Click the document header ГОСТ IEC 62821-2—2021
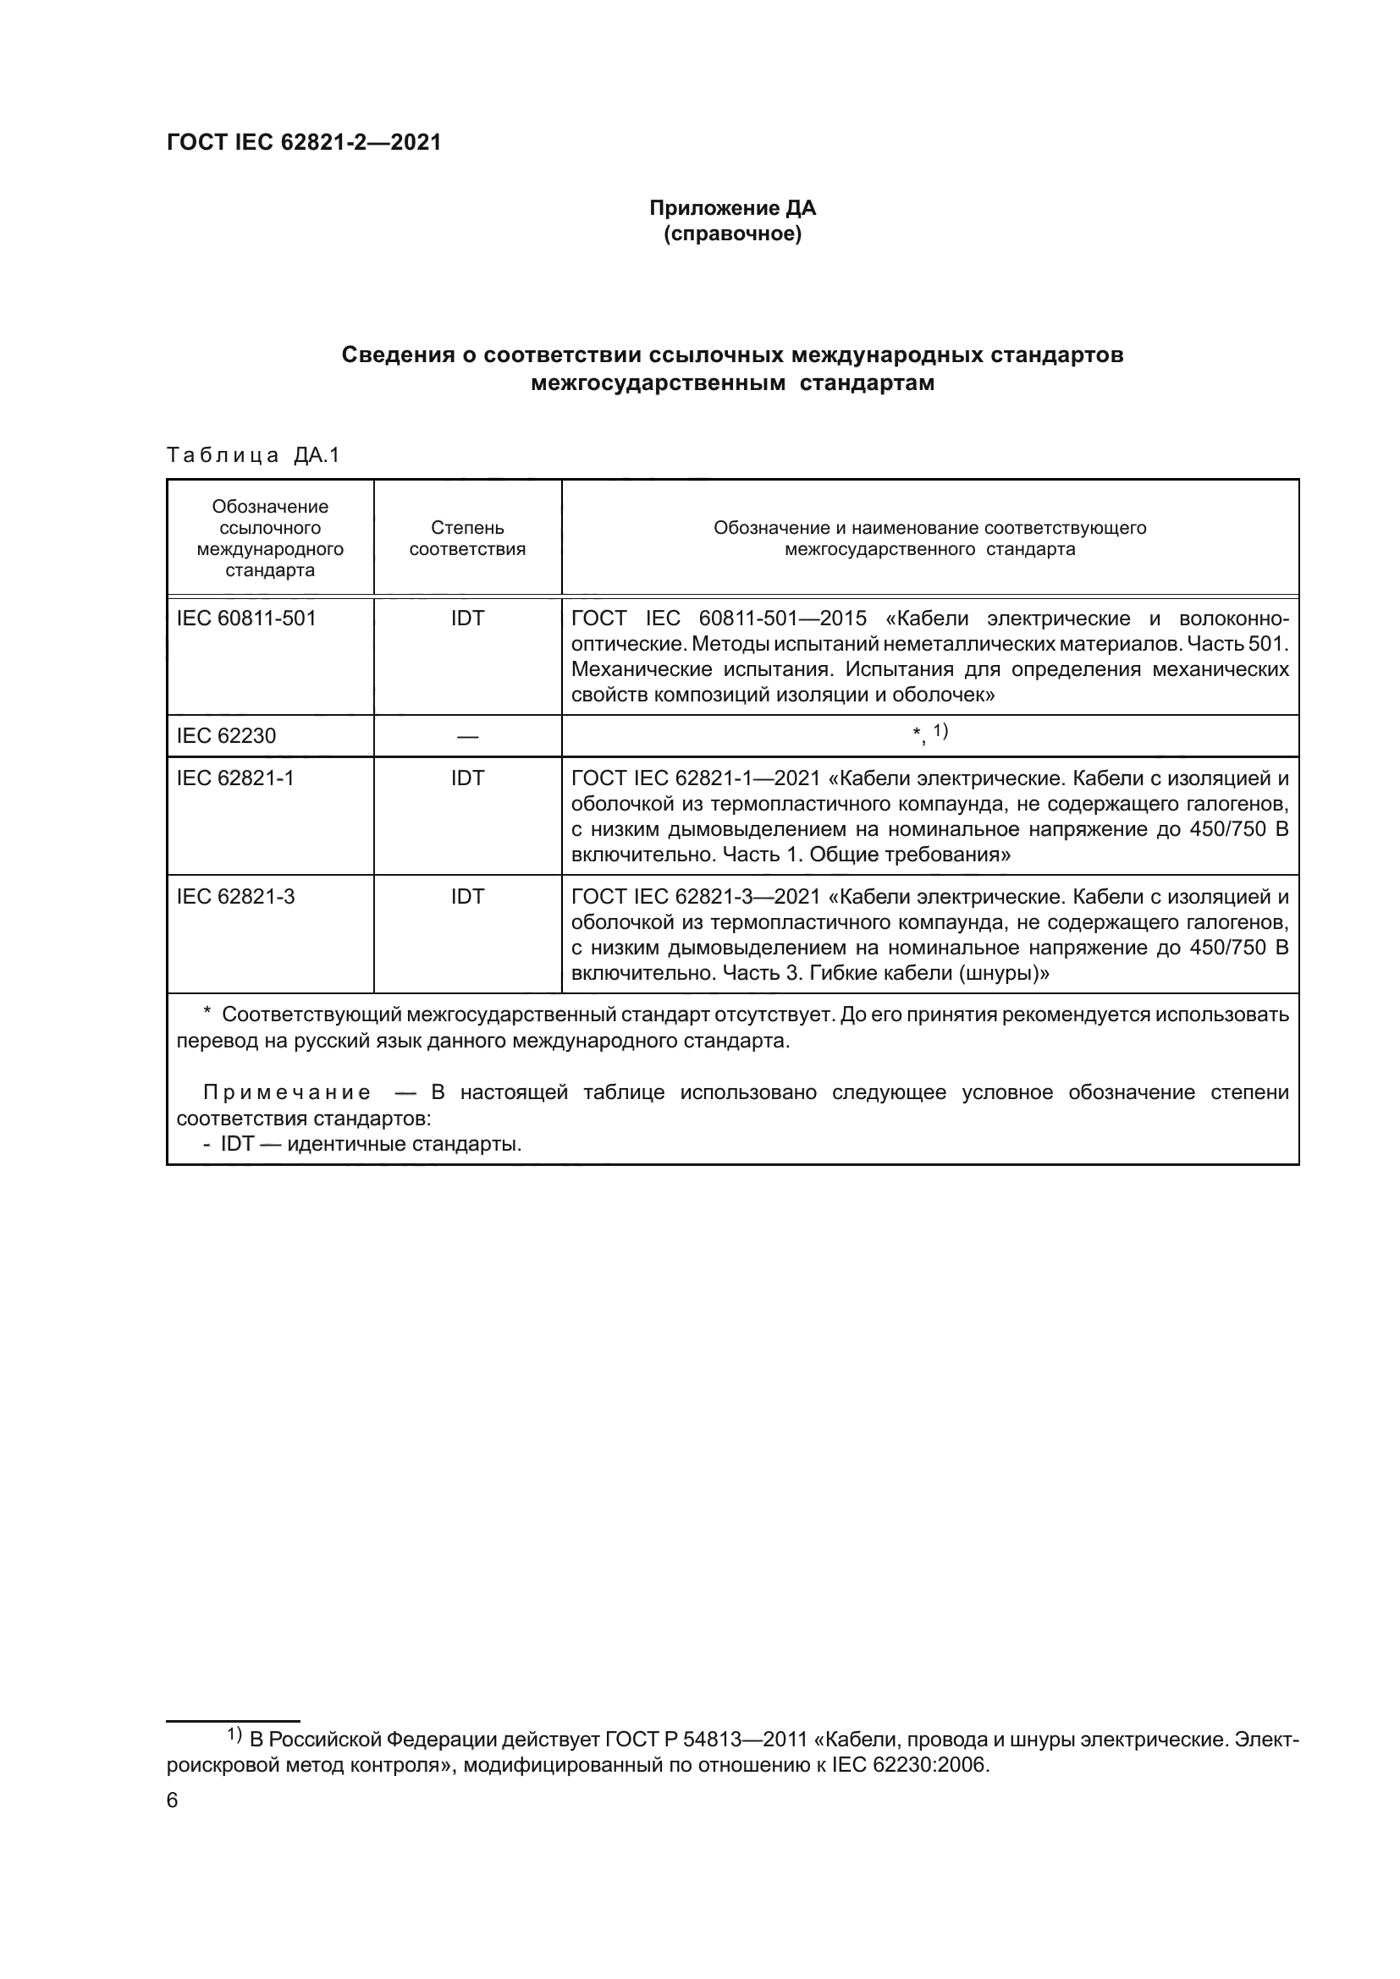coord(304,143)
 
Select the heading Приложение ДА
coord(732,208)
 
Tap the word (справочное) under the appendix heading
coord(732,234)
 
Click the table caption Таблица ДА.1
coord(253,455)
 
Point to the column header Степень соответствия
coord(467,538)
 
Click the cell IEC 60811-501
coord(246,618)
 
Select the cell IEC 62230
coord(226,735)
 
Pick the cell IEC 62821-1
coord(235,778)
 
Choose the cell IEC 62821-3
coord(235,896)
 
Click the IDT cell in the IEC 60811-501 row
coord(467,618)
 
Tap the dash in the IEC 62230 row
coord(467,736)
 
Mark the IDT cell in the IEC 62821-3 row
coord(467,896)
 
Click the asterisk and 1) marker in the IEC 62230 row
coord(930,733)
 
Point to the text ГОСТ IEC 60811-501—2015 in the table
coord(719,618)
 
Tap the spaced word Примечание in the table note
coord(287,1093)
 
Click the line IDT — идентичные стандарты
coord(362,1145)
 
